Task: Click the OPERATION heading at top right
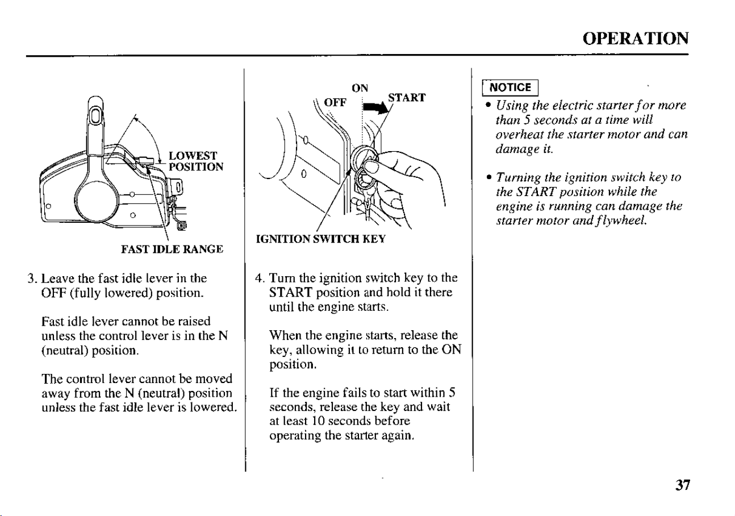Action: click(x=635, y=39)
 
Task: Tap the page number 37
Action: click(x=683, y=485)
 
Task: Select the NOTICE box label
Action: click(x=510, y=88)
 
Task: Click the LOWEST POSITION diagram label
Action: click(x=196, y=161)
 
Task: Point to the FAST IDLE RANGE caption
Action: click(x=172, y=249)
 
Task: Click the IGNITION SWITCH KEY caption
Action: click(x=320, y=239)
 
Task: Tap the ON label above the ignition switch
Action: click(x=360, y=88)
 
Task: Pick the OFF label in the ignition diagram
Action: click(x=335, y=102)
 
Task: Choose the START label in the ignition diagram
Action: click(x=407, y=98)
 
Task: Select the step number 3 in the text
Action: click(x=31, y=278)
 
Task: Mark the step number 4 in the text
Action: click(x=259, y=278)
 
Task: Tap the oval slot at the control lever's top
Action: click(x=95, y=116)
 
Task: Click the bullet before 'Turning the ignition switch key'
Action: click(x=489, y=177)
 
